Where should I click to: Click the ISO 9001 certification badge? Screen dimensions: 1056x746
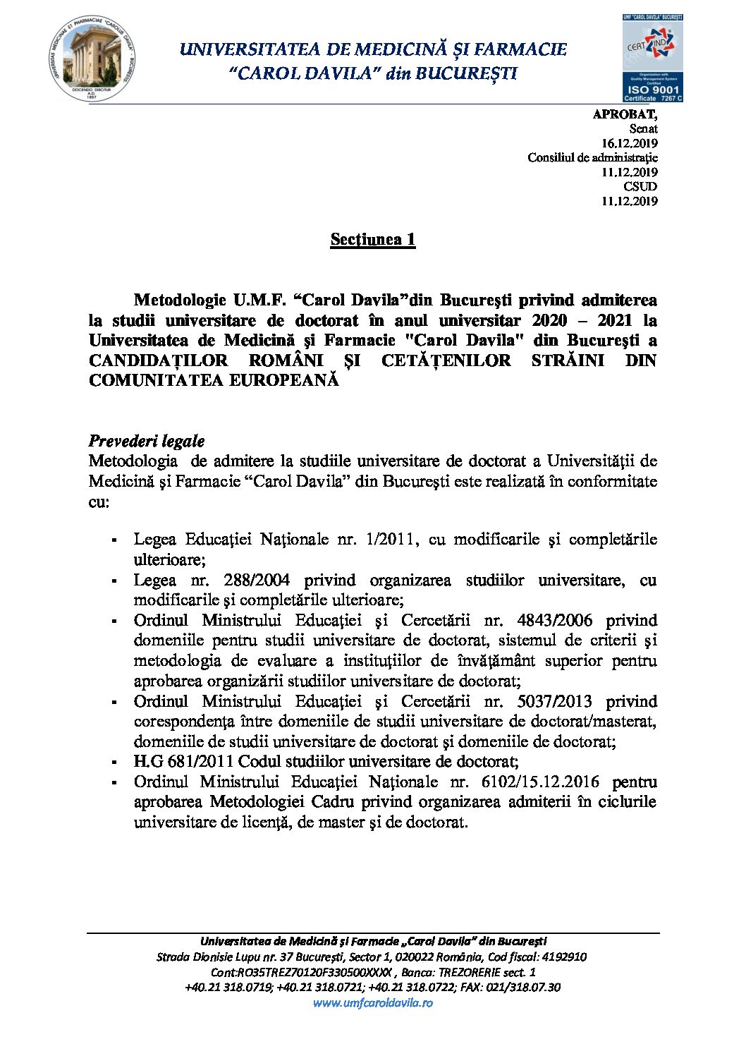coord(652,59)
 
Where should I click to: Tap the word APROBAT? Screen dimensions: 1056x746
coord(625,114)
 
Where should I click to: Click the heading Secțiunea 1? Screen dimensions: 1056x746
coord(373,239)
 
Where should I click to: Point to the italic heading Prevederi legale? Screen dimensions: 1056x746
coord(147,442)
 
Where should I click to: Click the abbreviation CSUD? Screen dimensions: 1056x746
coord(640,186)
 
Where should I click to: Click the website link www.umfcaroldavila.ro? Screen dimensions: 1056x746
coord(373,1002)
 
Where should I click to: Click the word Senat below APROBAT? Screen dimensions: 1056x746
coord(643,129)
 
